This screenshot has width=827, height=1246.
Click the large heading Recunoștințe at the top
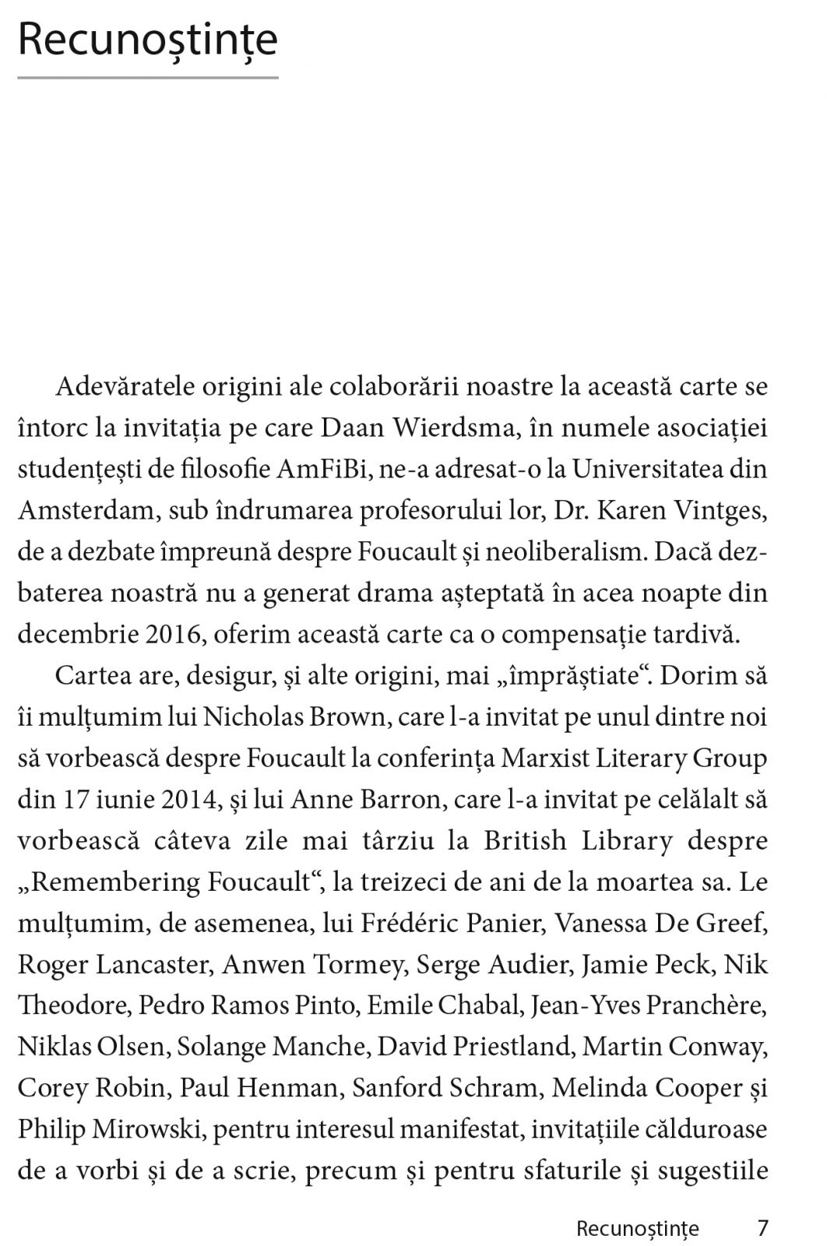147,40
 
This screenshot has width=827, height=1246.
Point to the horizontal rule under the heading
147,78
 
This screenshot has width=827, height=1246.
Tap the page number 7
762,1228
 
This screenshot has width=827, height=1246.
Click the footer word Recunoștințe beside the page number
637,1229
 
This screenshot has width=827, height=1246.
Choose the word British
525,841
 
